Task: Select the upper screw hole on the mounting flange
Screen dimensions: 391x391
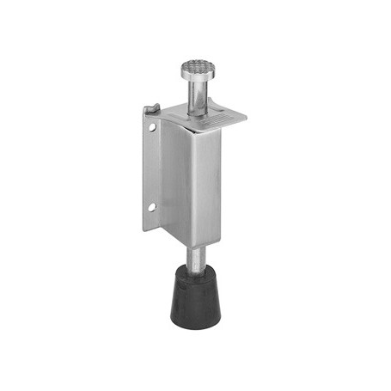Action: [151, 126]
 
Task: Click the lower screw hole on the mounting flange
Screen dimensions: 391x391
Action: [151, 206]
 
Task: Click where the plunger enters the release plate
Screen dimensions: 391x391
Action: [196, 109]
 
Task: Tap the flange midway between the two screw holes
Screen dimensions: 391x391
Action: [151, 167]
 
